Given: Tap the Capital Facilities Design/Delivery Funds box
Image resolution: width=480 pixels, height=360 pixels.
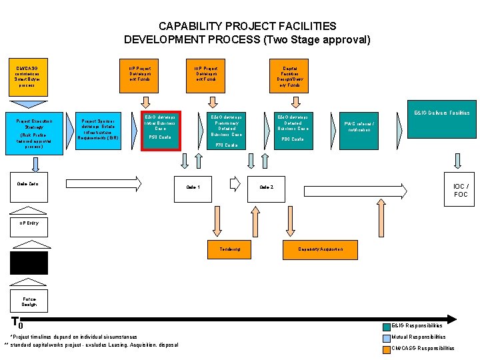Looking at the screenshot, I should click(x=290, y=77).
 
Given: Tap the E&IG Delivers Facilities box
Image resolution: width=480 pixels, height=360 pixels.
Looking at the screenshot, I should click(x=441, y=120).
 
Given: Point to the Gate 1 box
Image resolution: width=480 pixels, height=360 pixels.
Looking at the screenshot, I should click(x=193, y=187).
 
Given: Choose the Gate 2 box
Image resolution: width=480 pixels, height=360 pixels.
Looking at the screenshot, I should click(x=266, y=187).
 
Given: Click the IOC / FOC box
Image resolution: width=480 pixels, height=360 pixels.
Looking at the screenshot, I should click(x=460, y=190).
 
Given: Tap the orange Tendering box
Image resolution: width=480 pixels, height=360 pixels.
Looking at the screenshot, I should click(x=230, y=249).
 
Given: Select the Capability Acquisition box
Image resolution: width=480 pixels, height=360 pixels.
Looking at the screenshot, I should click(x=321, y=249).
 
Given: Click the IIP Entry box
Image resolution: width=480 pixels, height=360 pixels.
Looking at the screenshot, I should click(x=29, y=223).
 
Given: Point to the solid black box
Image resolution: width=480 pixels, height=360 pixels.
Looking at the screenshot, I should click(x=29, y=263).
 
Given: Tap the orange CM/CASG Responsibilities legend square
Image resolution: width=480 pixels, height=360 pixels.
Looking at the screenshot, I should click(x=387, y=348).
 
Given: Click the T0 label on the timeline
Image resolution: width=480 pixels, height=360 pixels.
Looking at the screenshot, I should click(x=18, y=323).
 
